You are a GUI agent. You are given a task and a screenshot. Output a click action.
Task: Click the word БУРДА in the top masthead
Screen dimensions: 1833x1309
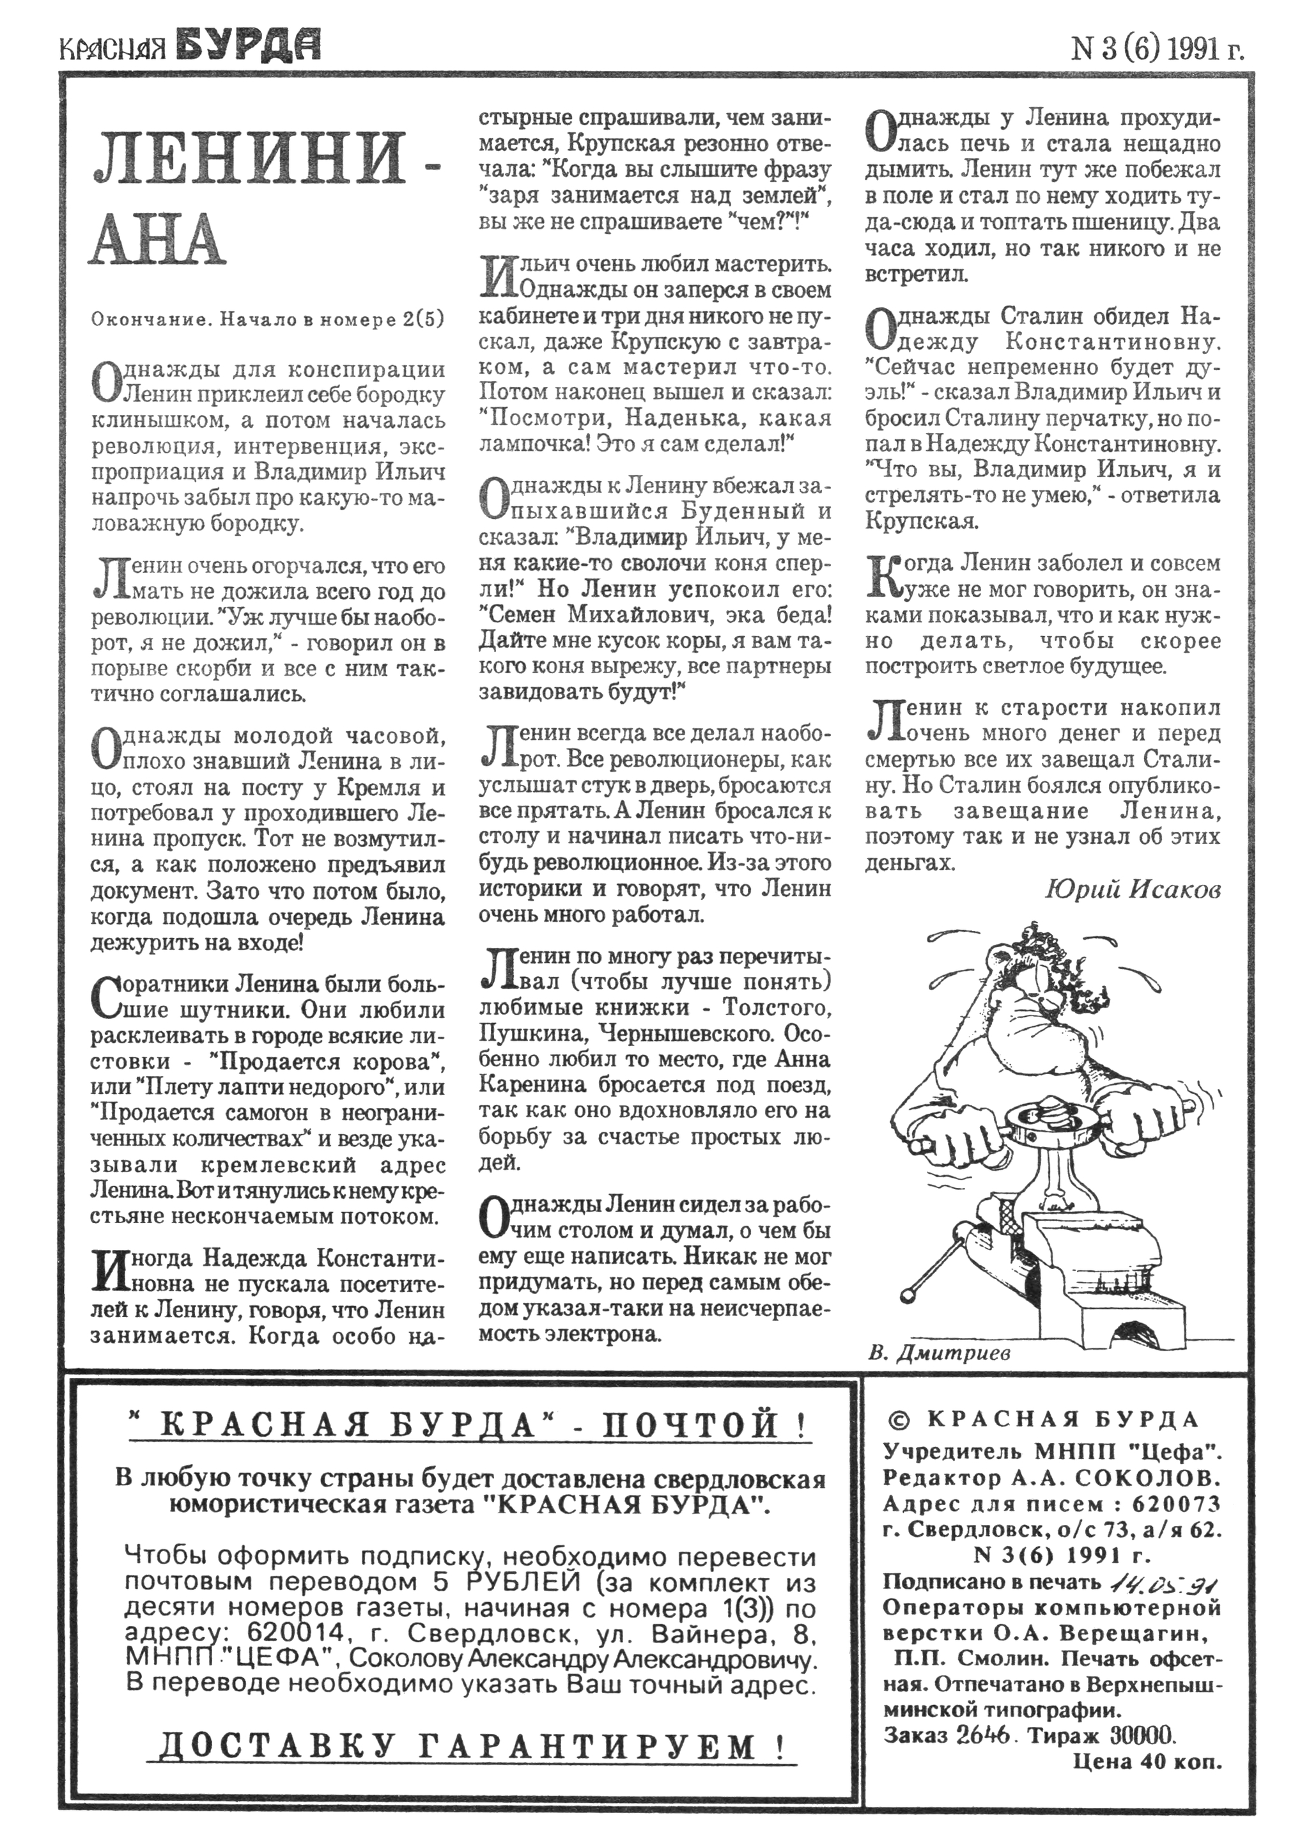[x=247, y=47]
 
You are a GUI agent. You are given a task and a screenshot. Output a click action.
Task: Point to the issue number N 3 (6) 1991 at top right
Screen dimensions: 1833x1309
[x=1157, y=50]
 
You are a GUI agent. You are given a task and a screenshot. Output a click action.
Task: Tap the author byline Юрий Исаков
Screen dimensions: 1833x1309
[x=1133, y=890]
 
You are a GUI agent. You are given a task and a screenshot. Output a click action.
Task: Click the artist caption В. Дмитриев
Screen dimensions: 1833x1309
[x=939, y=1353]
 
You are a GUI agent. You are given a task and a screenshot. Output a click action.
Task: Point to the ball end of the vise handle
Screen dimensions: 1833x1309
[x=911, y=1295]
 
